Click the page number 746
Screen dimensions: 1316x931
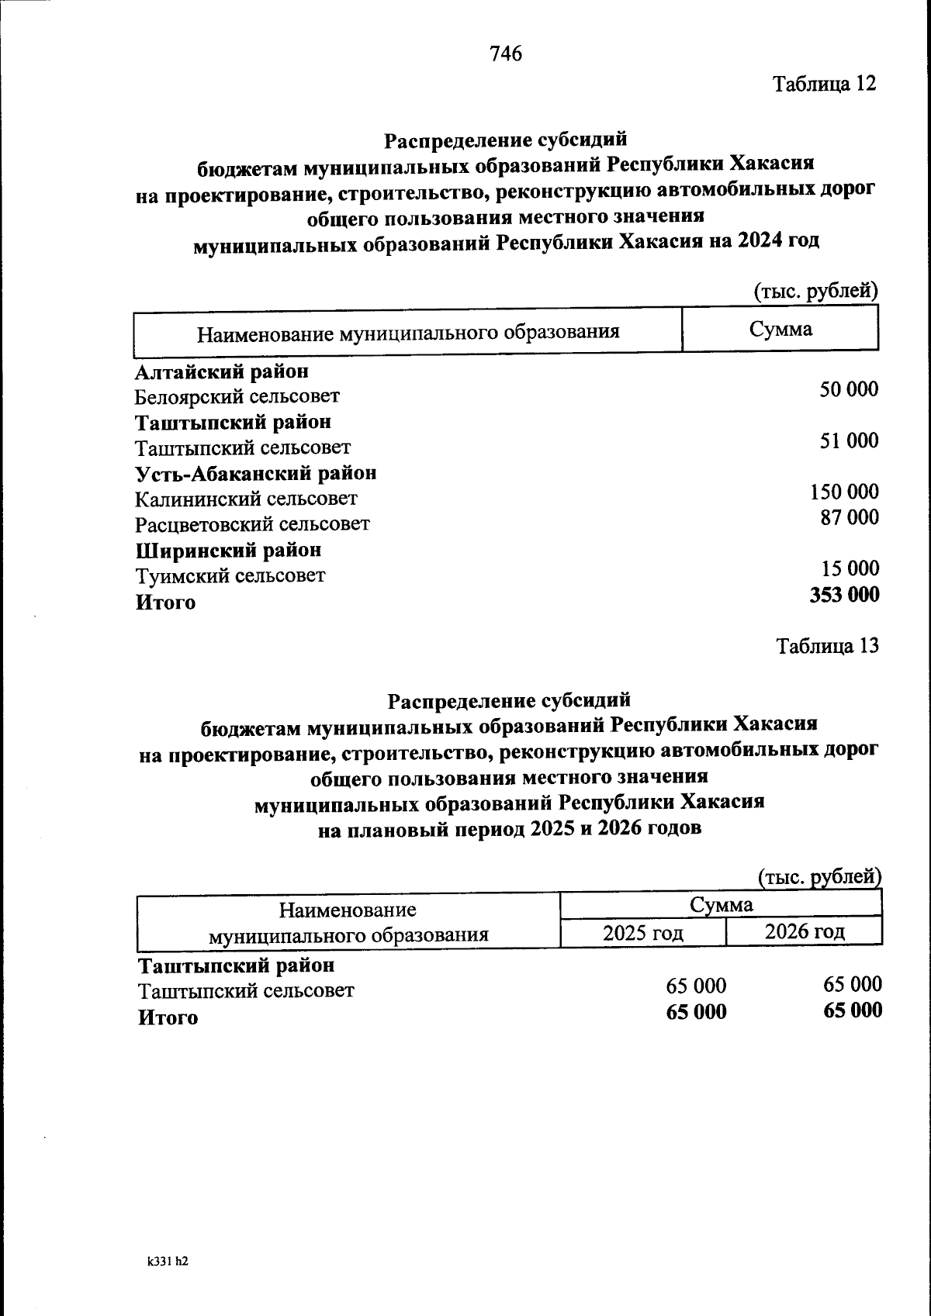coord(506,54)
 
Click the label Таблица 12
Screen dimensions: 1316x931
coord(823,84)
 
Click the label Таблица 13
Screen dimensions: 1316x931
coord(828,645)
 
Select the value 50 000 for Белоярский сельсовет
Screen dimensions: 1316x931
coord(849,389)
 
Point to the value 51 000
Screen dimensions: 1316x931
coord(850,440)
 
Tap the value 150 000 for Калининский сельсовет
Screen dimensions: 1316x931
coord(844,492)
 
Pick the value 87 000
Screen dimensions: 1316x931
coord(850,517)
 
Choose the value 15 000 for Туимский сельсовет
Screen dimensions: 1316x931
coord(850,568)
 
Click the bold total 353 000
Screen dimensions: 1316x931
coord(844,595)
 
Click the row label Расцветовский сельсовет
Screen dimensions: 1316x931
coord(252,524)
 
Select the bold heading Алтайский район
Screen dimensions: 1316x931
coord(221,371)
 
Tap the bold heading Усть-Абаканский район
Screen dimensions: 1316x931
coord(256,472)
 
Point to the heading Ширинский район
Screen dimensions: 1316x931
coord(228,550)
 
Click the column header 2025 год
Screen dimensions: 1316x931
coord(642,932)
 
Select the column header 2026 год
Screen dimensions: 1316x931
coord(805,931)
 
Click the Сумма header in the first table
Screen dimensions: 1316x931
coord(780,329)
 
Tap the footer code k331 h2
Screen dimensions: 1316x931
coord(168,1262)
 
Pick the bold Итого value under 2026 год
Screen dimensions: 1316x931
coord(852,1010)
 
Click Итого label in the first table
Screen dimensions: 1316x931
coord(165,603)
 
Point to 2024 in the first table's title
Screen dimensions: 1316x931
coord(760,241)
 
